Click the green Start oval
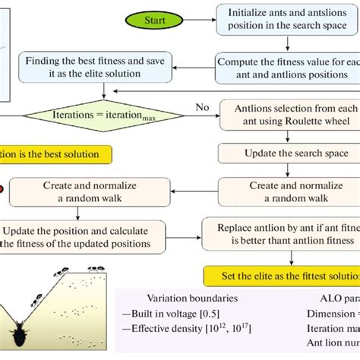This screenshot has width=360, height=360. point(155,20)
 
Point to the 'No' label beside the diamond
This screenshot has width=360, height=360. point(202,108)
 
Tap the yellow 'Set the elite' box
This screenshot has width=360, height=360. point(281,273)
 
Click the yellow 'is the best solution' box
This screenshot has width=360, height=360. point(57,154)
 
